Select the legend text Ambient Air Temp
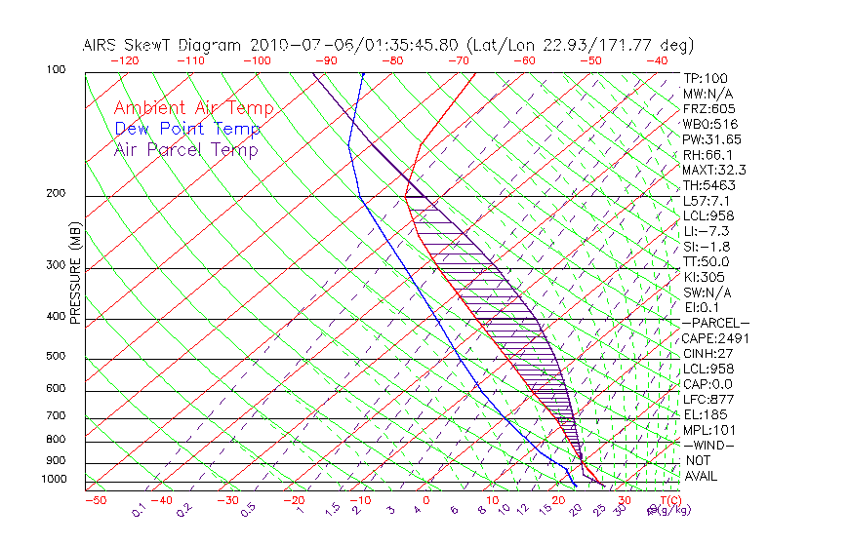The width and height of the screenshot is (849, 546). [x=193, y=108]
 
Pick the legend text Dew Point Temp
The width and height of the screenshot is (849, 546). [x=186, y=129]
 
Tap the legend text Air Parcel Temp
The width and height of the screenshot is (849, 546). [x=185, y=149]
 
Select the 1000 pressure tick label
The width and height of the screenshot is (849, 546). [x=55, y=479]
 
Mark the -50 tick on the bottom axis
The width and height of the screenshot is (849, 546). [x=96, y=500]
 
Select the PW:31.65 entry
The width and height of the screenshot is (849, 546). [x=711, y=139]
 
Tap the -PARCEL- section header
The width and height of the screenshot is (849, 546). [x=715, y=323]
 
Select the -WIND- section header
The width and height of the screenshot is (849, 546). [x=708, y=445]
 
